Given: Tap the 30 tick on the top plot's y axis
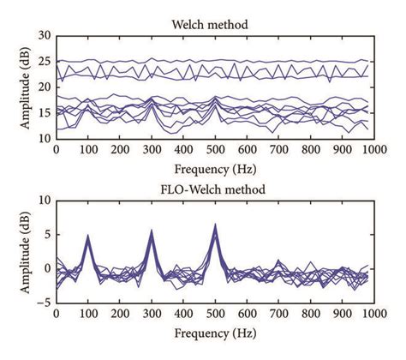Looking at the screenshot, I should pyautogui.click(x=45, y=36).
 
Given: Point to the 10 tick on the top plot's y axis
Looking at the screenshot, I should pyautogui.click(x=45, y=138).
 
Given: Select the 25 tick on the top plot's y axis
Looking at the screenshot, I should pyautogui.click(x=45, y=62).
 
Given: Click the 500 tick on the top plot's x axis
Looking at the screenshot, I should pyautogui.click(x=214, y=149).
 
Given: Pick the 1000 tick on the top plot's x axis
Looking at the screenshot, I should pyautogui.click(x=372, y=149).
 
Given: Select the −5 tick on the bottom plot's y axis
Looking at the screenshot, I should pyautogui.click(x=43, y=302).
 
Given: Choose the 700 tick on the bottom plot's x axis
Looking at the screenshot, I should pyautogui.click(x=277, y=313).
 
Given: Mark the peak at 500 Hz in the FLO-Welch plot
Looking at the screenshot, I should pyautogui.click(x=214, y=225).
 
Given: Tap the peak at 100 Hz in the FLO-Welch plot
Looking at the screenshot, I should pyautogui.click(x=88, y=236).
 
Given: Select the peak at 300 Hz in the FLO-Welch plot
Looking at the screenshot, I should pyautogui.click(x=152, y=231).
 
